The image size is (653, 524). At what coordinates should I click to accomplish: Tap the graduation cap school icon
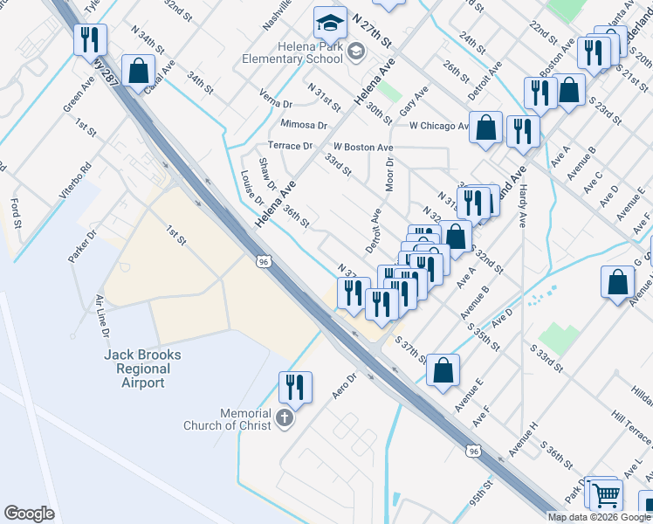[331, 22]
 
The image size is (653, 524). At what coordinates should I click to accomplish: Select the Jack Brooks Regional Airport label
[142, 369]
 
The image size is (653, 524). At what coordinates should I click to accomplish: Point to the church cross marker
[283, 419]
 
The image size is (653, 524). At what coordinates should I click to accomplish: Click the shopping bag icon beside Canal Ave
[139, 71]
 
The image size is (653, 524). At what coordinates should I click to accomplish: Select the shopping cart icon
[605, 495]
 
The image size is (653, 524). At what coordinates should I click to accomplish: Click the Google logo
[29, 514]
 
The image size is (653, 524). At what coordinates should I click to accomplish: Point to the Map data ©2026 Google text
[598, 517]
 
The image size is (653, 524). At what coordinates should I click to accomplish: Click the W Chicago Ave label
[439, 126]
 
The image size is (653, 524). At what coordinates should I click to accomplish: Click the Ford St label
[16, 210]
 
